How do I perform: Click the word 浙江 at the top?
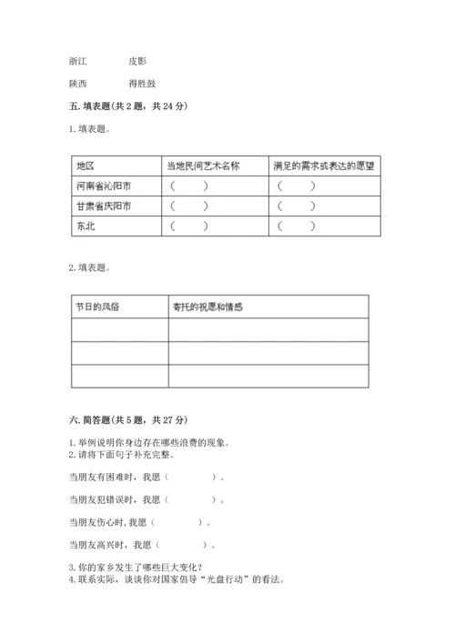click(78, 61)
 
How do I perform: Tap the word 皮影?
click(136, 61)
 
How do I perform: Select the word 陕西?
click(78, 84)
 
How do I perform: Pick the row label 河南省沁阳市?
click(104, 186)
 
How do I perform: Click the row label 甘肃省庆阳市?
click(104, 206)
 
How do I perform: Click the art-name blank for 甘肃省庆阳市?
click(188, 206)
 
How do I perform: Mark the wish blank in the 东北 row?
click(298, 226)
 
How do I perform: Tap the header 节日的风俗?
click(97, 306)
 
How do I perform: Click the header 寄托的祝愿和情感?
click(207, 306)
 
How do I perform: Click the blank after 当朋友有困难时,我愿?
click(192, 477)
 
